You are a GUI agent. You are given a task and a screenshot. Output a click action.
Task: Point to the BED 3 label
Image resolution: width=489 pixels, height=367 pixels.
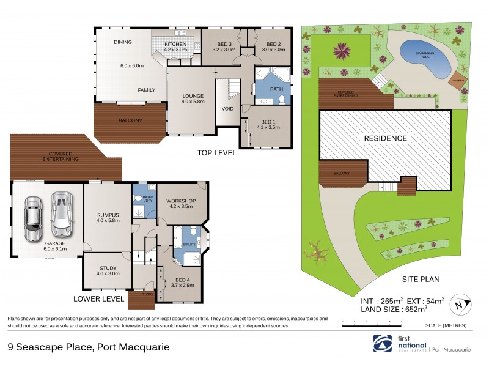[224, 44]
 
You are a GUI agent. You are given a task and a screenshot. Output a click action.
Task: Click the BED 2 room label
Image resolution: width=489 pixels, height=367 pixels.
[273, 44]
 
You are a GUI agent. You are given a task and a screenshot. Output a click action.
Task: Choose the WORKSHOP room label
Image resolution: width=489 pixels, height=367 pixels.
[180, 201]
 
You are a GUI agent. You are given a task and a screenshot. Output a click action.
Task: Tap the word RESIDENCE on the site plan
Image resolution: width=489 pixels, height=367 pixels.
[385, 138]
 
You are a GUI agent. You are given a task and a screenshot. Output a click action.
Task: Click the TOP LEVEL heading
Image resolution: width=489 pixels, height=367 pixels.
[216, 153]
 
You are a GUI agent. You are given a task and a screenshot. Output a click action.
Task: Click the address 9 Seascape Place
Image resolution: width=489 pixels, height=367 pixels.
[89, 347]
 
